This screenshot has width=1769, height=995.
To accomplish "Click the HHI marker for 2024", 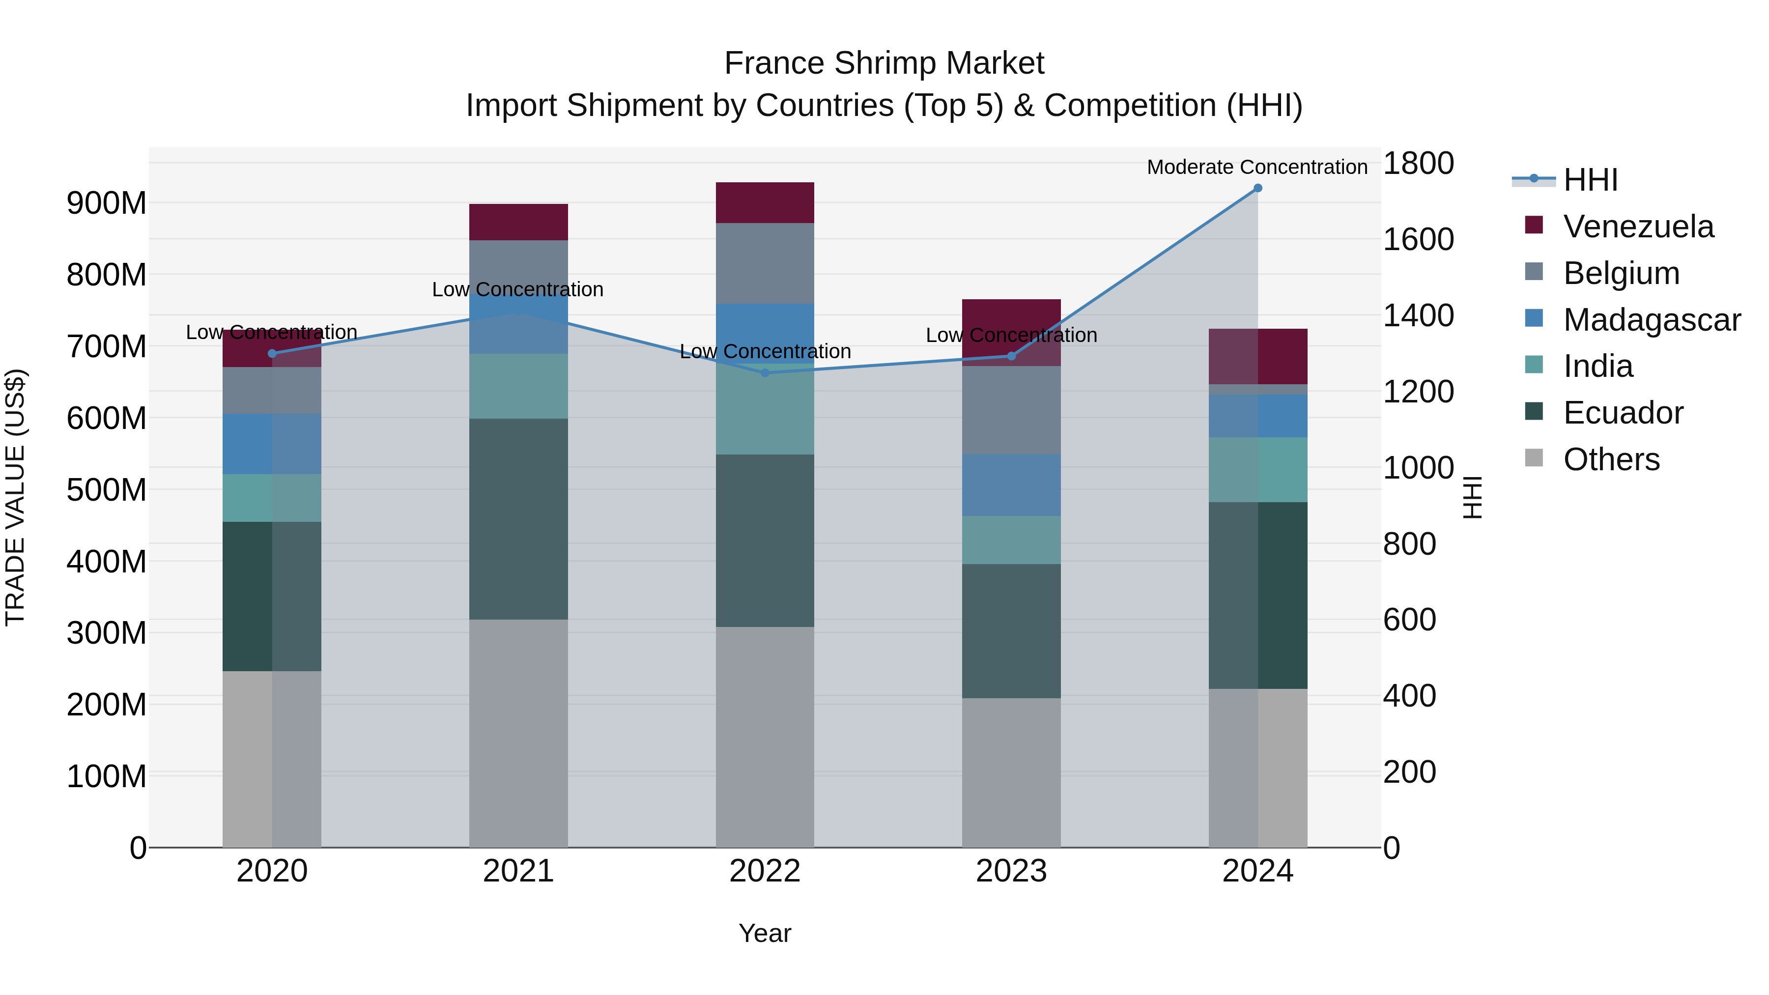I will point(1257,188).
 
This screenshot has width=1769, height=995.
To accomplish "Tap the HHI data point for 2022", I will point(765,373).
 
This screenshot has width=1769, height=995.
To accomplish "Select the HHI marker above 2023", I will point(1011,356).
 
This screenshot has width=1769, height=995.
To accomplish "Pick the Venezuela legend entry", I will point(1638,227).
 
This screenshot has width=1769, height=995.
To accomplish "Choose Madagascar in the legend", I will point(1652,320).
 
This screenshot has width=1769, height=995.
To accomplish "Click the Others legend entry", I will point(1611,459).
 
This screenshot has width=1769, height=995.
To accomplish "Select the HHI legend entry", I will point(1591,180).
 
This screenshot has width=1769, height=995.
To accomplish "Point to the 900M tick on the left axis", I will point(107,203).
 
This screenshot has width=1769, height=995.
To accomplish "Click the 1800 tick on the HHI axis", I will point(1418,164).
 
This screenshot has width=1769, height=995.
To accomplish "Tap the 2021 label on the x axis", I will point(518,871).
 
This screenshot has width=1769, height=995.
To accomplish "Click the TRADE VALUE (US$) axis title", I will point(15,497).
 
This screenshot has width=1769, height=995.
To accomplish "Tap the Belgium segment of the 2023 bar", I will point(1011,409).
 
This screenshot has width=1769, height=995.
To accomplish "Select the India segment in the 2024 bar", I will point(1257,470).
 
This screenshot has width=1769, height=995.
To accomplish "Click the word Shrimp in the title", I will point(884,63).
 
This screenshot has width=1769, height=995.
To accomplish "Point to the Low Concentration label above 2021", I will point(518,290).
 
